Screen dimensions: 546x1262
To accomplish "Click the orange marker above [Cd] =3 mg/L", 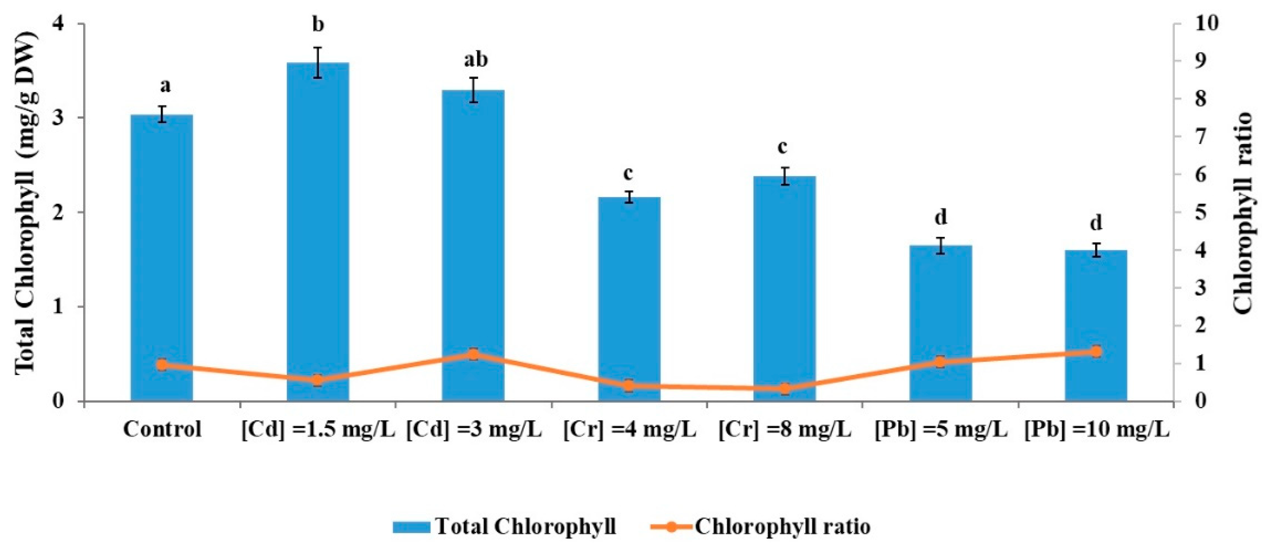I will coord(473,354).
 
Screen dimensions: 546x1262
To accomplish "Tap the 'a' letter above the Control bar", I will coord(165,86).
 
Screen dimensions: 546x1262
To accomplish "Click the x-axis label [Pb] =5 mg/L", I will coord(941,429).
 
